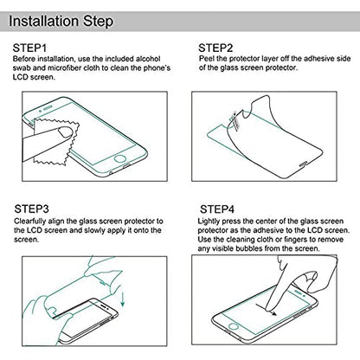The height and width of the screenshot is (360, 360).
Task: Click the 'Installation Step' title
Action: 61,22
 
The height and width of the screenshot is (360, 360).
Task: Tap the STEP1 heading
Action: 29,48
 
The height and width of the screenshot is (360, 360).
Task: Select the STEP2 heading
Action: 215,48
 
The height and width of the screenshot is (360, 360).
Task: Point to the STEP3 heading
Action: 32,209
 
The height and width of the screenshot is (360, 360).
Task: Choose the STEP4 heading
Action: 217,209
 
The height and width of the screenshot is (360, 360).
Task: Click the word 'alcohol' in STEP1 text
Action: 148,59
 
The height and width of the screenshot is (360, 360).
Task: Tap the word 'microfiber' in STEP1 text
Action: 65,68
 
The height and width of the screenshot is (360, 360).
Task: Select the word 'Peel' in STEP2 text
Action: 207,59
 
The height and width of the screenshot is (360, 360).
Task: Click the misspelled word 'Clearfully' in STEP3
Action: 29,222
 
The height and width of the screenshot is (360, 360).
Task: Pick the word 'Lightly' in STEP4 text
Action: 209,222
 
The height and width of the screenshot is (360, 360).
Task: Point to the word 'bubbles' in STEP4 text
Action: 248,248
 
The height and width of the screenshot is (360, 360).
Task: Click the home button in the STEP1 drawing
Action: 120,158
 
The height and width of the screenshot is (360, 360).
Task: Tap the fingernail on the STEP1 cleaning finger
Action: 66,132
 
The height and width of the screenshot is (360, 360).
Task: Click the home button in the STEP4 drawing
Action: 233,326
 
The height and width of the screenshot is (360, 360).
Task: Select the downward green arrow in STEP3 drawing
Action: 123,299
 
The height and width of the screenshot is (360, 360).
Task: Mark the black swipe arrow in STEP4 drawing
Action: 266,309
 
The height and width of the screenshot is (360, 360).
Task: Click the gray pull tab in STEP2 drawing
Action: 235,120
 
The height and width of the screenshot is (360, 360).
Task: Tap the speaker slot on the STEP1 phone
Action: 48,108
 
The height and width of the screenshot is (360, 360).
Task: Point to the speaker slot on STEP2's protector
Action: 304,164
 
